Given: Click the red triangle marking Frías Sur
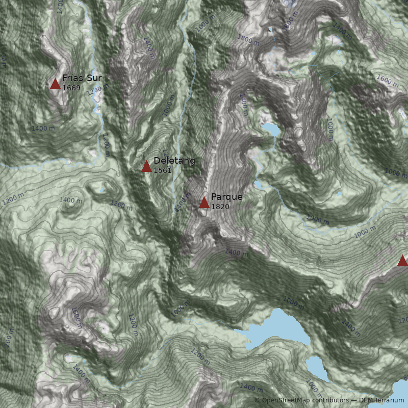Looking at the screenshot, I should (x=55, y=84).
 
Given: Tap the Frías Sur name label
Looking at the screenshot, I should (x=82, y=78).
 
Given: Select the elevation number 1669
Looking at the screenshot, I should (x=71, y=88).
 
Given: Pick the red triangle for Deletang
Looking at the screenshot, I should (x=146, y=166).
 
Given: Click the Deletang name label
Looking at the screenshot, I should (x=174, y=161).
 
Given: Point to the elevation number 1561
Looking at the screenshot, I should (x=163, y=170).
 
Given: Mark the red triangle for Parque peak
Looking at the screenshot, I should (x=204, y=203).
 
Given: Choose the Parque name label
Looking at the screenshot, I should (x=226, y=197).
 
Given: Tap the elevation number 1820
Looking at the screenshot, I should (x=220, y=207).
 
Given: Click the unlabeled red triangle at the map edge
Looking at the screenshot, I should (x=402, y=261).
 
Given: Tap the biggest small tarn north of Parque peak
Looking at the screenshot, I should (x=271, y=130).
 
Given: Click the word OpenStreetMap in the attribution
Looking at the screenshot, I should (x=286, y=400).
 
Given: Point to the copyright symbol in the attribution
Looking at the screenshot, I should (x=257, y=400).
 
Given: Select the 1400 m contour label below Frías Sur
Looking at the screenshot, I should (x=43, y=129).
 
